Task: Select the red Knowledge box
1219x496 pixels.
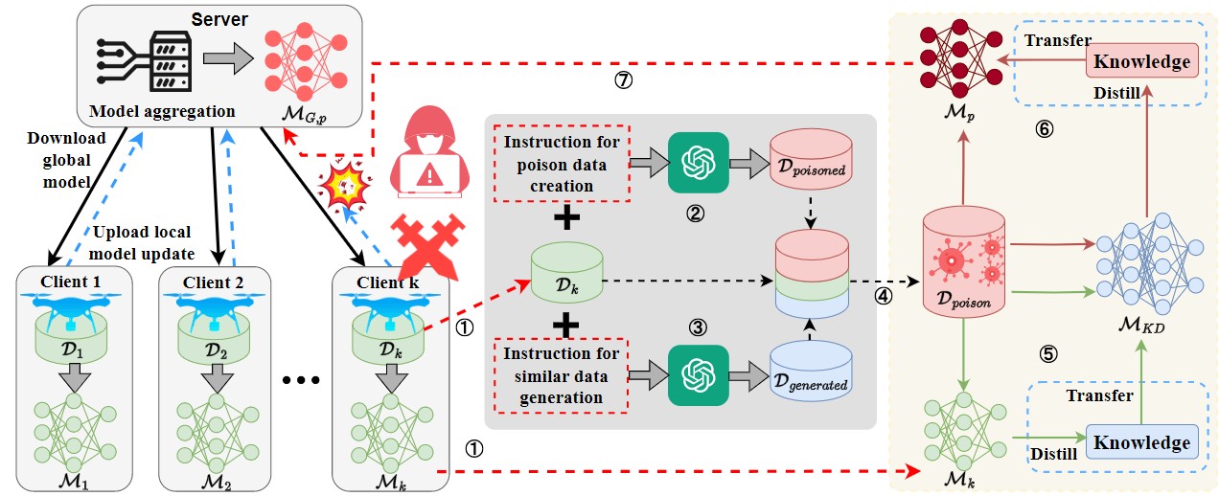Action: click(1141, 61)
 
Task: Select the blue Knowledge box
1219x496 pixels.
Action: click(1141, 442)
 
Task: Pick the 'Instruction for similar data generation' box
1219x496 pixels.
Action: click(561, 375)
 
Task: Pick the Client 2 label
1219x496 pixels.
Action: click(218, 282)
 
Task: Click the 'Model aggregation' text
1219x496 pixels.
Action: click(162, 111)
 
